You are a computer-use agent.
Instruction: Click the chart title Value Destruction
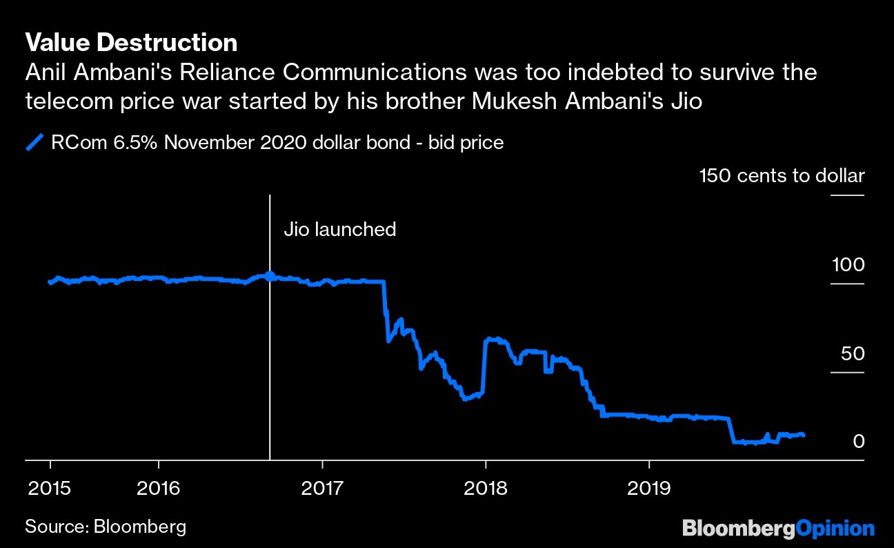[131, 43]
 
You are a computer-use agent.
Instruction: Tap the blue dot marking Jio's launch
[270, 276]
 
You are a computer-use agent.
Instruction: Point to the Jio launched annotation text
[340, 229]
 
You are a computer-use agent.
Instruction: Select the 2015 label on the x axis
[50, 489]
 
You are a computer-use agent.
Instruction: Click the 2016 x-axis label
[159, 489]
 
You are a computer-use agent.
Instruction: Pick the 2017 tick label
[322, 489]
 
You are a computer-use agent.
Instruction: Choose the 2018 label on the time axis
[486, 489]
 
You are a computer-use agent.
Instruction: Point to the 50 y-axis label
[852, 354]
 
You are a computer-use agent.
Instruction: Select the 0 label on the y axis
[858, 441]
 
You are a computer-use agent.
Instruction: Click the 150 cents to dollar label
[782, 176]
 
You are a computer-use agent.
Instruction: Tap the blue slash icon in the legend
[34, 144]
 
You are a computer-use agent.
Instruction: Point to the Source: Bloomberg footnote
[106, 527]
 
